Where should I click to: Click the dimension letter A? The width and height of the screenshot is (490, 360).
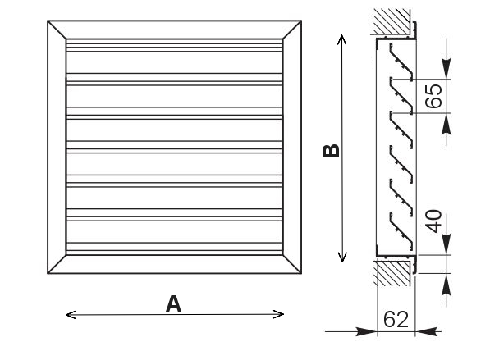173,303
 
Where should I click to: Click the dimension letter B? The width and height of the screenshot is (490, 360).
331,151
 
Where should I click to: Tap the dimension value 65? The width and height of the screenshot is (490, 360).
433,96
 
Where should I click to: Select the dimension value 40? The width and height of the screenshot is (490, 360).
433,221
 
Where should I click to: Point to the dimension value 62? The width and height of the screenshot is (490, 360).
396,319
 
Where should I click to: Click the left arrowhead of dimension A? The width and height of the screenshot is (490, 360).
71,315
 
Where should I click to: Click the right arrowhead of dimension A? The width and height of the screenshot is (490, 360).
278,314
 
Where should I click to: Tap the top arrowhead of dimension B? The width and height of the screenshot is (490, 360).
342,39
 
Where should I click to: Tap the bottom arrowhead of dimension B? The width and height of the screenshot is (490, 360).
342,257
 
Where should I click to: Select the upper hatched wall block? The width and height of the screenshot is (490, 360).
392,21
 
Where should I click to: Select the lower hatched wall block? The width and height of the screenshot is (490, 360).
393,274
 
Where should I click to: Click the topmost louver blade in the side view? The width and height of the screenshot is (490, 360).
401,62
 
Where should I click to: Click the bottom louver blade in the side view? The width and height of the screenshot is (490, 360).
401,230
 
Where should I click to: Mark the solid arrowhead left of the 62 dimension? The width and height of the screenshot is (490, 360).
367,331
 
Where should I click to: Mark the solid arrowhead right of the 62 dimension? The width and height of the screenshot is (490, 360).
426,331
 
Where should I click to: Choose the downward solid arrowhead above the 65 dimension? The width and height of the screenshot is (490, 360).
446,68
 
